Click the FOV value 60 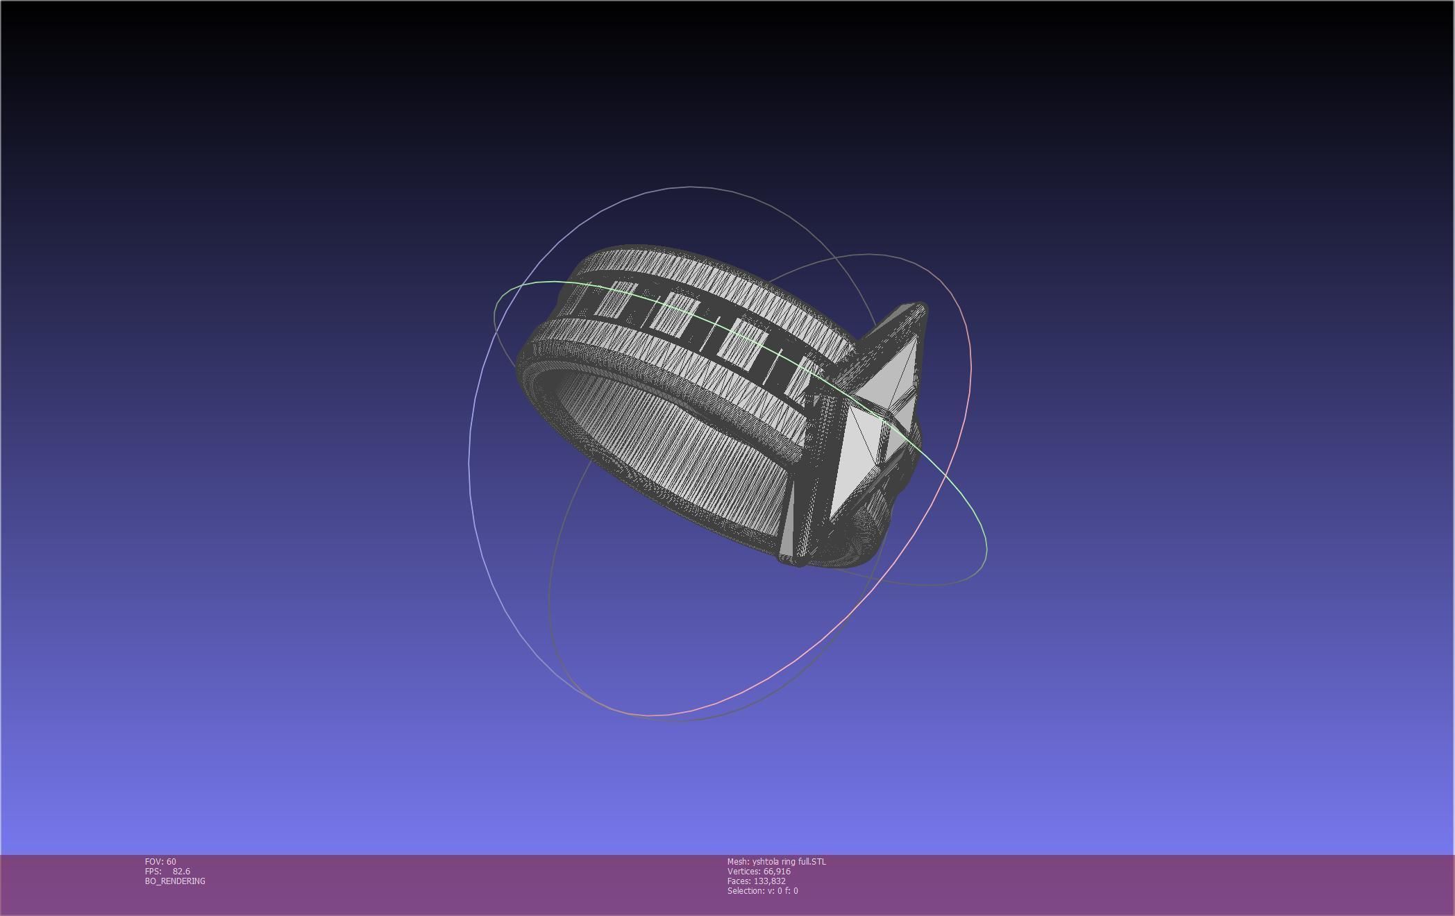[x=171, y=861]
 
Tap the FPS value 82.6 [x=181, y=871]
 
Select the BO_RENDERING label [x=175, y=881]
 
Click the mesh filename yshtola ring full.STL [x=789, y=861]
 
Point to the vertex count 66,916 [x=777, y=871]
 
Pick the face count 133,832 [x=769, y=881]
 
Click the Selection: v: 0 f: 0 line [x=762, y=890]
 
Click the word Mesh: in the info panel [x=738, y=861]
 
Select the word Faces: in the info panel [x=739, y=881]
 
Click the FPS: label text [x=153, y=871]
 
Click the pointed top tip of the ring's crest [x=920, y=306]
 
